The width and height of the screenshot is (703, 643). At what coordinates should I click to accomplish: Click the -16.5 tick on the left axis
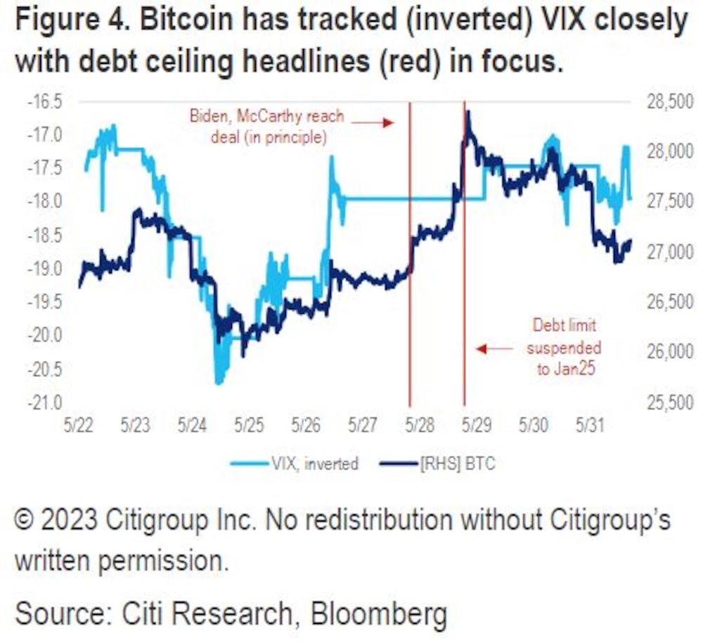[x=44, y=102]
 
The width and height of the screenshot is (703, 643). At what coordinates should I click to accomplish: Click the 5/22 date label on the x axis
[x=79, y=426]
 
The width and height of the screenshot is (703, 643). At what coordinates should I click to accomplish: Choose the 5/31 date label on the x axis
[x=590, y=426]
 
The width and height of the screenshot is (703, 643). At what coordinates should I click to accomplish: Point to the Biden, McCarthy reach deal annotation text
[x=268, y=126]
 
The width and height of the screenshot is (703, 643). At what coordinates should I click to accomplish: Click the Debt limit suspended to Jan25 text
[x=565, y=348]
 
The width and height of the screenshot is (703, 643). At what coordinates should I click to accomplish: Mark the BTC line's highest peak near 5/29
[x=467, y=113]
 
